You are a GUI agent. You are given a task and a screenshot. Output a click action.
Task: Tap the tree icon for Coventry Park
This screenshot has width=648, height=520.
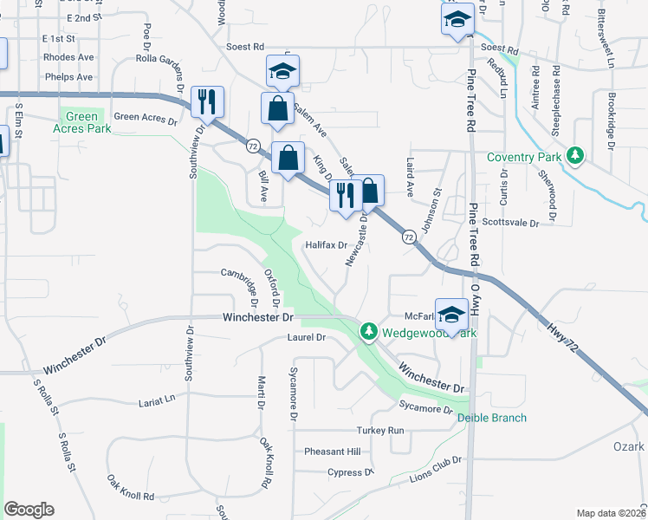(573, 156)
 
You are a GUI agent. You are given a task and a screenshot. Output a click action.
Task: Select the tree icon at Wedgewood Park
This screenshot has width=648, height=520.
(368, 331)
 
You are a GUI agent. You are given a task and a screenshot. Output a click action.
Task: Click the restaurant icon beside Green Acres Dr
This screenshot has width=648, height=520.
(207, 102)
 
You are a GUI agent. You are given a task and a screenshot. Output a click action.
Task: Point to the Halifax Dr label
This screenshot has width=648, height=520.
(326, 245)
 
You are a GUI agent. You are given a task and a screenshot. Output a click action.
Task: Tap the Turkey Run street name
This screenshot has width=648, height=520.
(380, 431)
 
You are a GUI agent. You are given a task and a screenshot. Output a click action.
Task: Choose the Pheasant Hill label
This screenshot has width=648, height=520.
(332, 452)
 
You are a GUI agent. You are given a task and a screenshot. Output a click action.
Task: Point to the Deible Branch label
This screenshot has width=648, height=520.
(492, 418)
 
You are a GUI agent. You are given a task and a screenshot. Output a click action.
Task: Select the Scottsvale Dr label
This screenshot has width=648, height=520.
(510, 223)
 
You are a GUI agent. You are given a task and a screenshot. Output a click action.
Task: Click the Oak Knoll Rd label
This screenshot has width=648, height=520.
(131, 487)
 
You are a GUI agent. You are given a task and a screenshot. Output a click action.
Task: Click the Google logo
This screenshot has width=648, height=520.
(29, 510)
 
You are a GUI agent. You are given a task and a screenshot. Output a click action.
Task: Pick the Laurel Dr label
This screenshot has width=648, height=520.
(308, 337)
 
